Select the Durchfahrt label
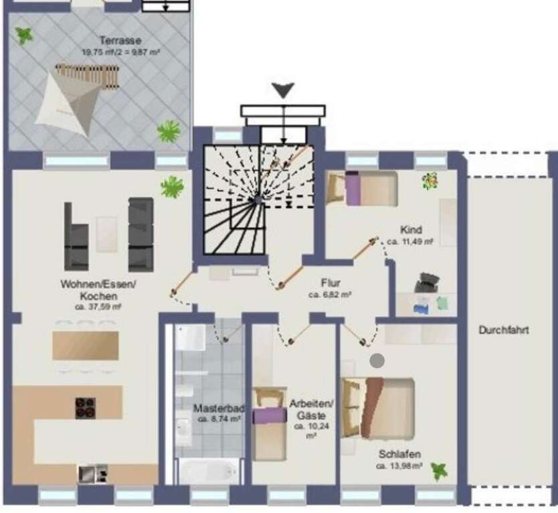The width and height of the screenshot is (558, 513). click(504, 330)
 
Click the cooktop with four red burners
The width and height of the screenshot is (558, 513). click(85, 407)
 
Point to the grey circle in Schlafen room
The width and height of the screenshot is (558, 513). click(377, 361)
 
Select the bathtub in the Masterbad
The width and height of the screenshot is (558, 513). click(209, 471)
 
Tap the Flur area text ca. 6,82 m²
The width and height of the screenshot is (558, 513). click(330, 295)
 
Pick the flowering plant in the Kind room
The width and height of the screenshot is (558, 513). click(430, 181)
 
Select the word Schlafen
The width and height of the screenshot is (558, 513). click(399, 454)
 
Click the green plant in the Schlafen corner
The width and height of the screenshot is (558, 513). click(439, 471)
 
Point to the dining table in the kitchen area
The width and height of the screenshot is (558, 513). click(86, 346)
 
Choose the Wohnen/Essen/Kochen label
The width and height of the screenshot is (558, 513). click(98, 289)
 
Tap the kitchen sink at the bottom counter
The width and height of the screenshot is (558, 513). click(90, 473)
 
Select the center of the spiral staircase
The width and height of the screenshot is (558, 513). click(256, 199)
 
